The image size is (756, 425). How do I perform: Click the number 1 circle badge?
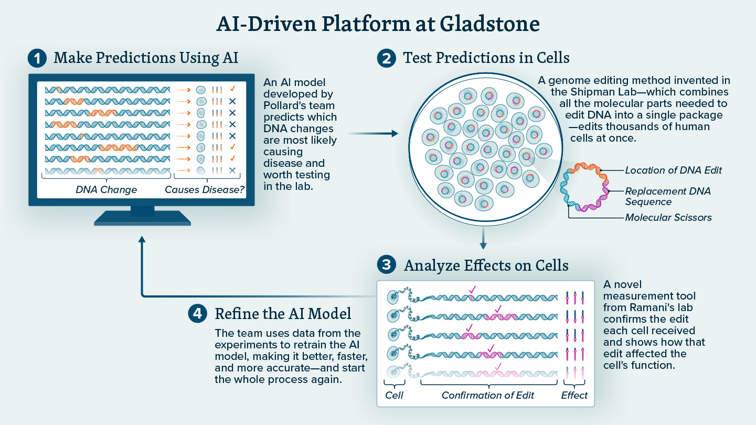tap(37, 58)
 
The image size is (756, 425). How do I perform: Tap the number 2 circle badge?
tap(387, 58)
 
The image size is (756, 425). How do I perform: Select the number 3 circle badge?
tap(387, 265)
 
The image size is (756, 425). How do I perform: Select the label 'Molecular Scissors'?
tap(668, 217)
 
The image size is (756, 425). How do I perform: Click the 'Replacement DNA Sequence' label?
tap(667, 196)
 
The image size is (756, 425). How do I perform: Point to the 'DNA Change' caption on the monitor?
tap(107, 190)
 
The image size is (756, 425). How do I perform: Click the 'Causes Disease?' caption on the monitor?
tap(205, 190)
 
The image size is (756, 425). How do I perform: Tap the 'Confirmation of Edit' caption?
tap(488, 395)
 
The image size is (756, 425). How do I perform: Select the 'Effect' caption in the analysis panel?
tap(574, 395)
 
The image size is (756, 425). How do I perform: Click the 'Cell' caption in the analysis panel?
tap(394, 395)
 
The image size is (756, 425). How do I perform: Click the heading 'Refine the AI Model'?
tap(283, 314)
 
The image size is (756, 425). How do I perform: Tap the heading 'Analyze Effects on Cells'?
tap(486, 265)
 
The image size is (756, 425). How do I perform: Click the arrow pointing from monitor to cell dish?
tap(373, 134)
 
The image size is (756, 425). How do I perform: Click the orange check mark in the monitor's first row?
tap(232, 89)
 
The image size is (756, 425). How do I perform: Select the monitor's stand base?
tap(142, 219)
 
